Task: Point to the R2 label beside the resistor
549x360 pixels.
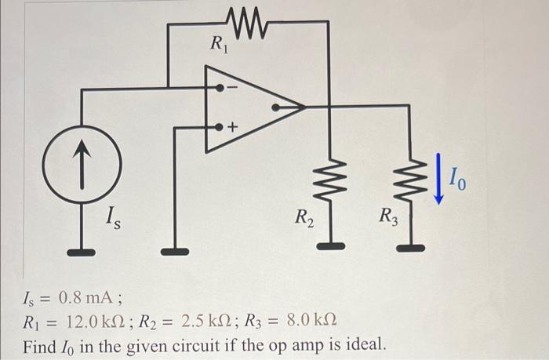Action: [304, 216]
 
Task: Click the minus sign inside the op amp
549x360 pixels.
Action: [232, 89]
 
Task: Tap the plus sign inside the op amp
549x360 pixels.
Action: [232, 126]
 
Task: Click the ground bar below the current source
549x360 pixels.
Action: [82, 253]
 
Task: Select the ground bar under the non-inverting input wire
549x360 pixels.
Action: [174, 253]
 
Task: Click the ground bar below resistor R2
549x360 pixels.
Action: [329, 247]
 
